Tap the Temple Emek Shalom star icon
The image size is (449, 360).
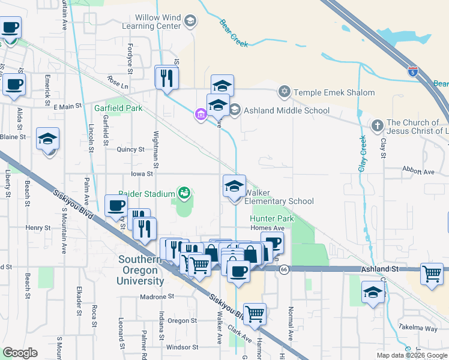[284, 92]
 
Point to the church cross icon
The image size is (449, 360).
[377, 126]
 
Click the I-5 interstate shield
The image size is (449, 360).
[412, 71]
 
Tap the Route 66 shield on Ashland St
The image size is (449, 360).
[284, 270]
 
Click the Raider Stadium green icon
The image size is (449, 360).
[185, 193]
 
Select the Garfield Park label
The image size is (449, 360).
[118, 109]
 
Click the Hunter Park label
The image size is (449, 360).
[272, 219]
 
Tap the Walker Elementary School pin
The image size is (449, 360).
[234, 185]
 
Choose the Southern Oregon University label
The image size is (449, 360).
[141, 270]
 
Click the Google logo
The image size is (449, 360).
[20, 353]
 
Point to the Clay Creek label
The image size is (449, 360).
[363, 154]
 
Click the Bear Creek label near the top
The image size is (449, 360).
[233, 28]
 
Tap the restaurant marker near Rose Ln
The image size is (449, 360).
[166, 77]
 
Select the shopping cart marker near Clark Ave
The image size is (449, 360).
[255, 314]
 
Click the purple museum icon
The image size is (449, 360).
[200, 114]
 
